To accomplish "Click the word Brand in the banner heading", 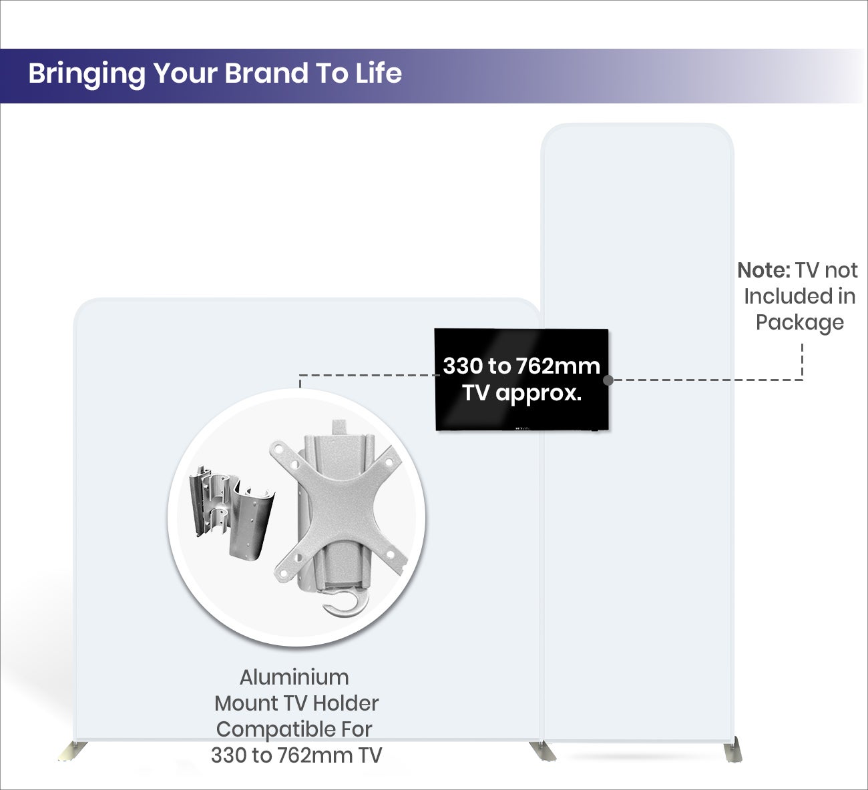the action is point(266,73).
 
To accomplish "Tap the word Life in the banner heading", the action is point(379,73).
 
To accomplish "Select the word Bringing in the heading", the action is point(87,75).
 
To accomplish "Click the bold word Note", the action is point(764,271).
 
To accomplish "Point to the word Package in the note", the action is point(800,322).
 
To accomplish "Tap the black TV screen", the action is point(521,380).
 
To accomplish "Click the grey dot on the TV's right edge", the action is point(608,380).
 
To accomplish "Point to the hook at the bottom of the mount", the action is point(346,603).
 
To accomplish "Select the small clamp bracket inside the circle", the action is point(232,512).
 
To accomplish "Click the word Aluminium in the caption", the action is point(294,678).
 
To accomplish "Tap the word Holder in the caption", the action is point(345,703).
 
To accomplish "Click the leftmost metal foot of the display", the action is point(73,752).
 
